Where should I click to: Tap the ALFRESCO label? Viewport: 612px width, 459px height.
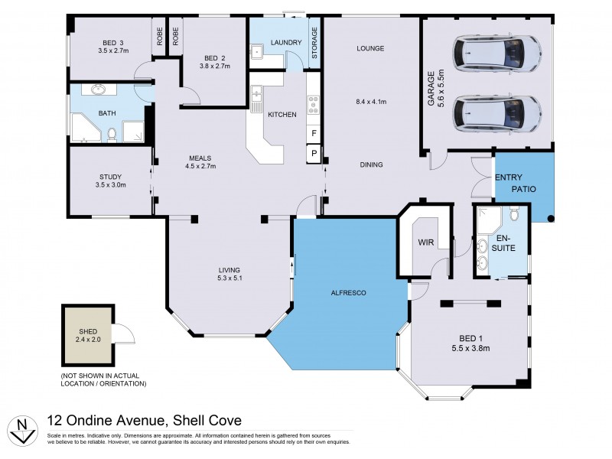coord(347,293)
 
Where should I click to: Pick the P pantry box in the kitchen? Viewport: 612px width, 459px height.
coord(313,155)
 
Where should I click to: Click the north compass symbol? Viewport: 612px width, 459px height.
coord(24,428)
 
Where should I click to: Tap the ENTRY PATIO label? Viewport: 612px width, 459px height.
coord(515,183)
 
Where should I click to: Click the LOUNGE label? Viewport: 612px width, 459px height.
coord(369,48)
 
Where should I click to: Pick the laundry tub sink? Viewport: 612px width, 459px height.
coord(258,51)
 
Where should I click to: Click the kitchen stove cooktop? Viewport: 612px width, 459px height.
coord(312,105)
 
